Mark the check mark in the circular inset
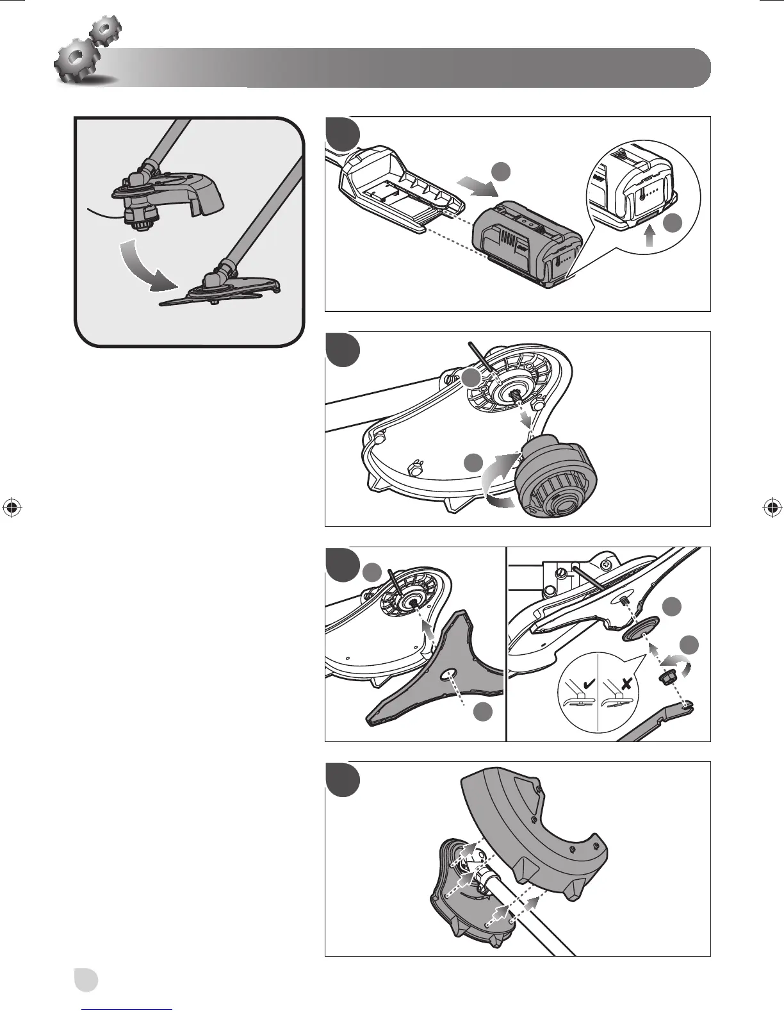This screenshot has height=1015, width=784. pyautogui.click(x=585, y=684)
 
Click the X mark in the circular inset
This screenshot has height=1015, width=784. pyautogui.click(x=627, y=684)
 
